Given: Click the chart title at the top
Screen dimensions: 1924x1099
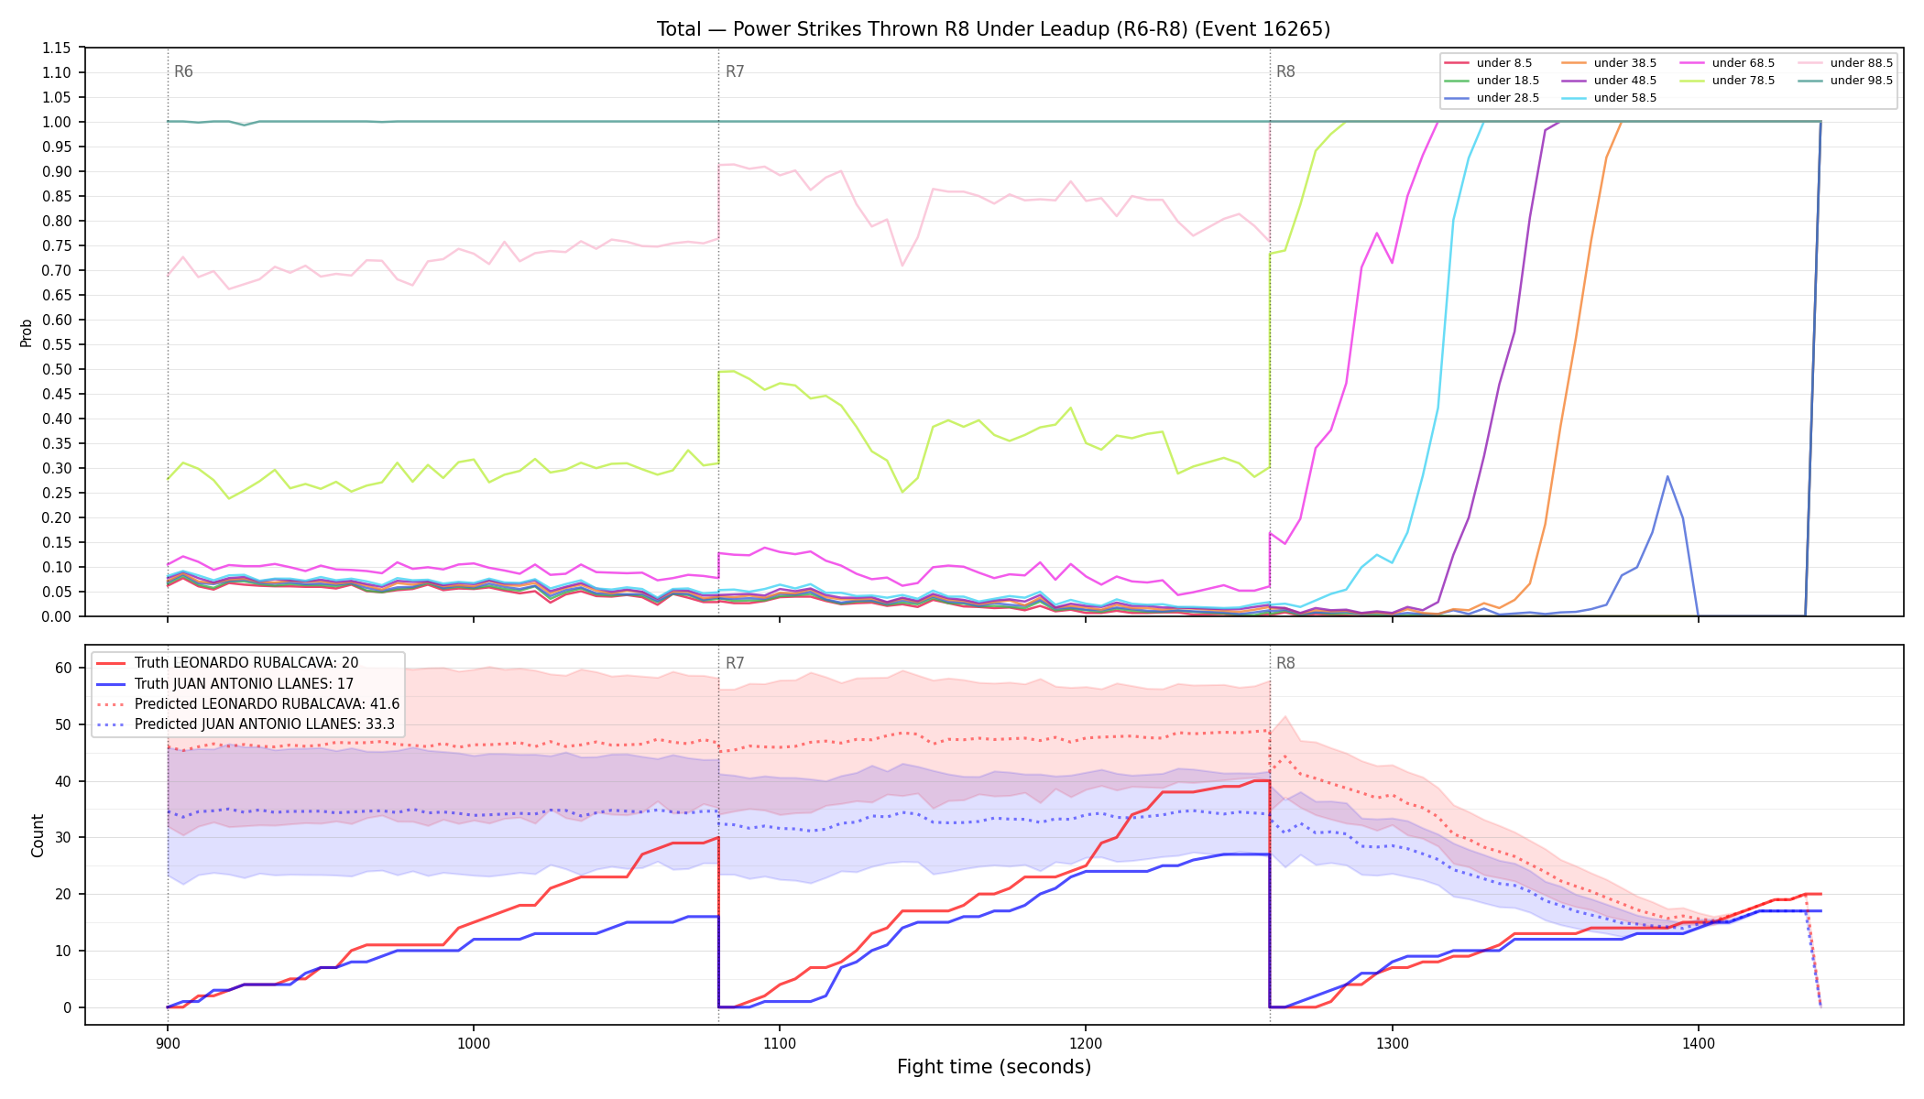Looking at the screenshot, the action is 993,29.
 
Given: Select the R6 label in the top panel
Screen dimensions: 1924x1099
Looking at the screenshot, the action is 183,71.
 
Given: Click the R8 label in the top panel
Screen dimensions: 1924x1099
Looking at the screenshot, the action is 1285,71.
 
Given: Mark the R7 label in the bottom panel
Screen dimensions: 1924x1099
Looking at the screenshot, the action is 735,663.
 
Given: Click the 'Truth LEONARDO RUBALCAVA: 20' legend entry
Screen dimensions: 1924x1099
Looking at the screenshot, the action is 246,663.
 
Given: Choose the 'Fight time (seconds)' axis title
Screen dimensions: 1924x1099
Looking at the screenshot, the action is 994,1067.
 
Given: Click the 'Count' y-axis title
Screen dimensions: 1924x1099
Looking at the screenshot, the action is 38,835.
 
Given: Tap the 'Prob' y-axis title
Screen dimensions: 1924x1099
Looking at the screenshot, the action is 26,332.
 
